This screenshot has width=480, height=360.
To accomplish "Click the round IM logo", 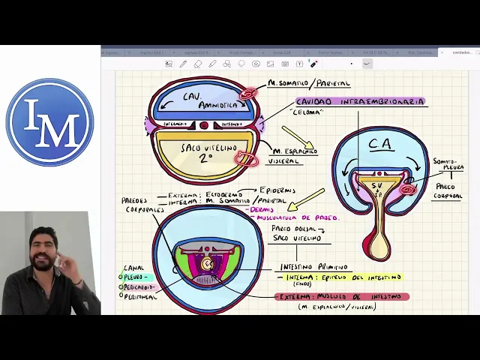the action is point(49,121).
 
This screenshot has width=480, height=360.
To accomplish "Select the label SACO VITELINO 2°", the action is point(208,152).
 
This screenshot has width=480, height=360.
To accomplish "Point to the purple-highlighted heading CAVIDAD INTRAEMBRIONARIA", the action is point(360,101).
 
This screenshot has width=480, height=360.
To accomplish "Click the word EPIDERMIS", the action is point(277,190).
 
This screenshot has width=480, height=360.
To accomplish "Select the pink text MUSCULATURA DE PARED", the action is point(297,217).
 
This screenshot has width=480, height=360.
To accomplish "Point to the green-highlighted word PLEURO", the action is point(136,277).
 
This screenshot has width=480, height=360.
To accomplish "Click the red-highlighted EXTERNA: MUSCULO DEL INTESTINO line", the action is point(341,297).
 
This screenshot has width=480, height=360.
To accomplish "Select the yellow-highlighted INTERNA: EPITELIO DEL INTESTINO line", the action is point(341,278).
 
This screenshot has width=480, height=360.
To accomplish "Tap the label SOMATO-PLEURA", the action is point(448,164).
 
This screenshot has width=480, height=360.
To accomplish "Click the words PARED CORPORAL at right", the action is point(448,191).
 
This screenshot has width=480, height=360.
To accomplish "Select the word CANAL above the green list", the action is point(133,268).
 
